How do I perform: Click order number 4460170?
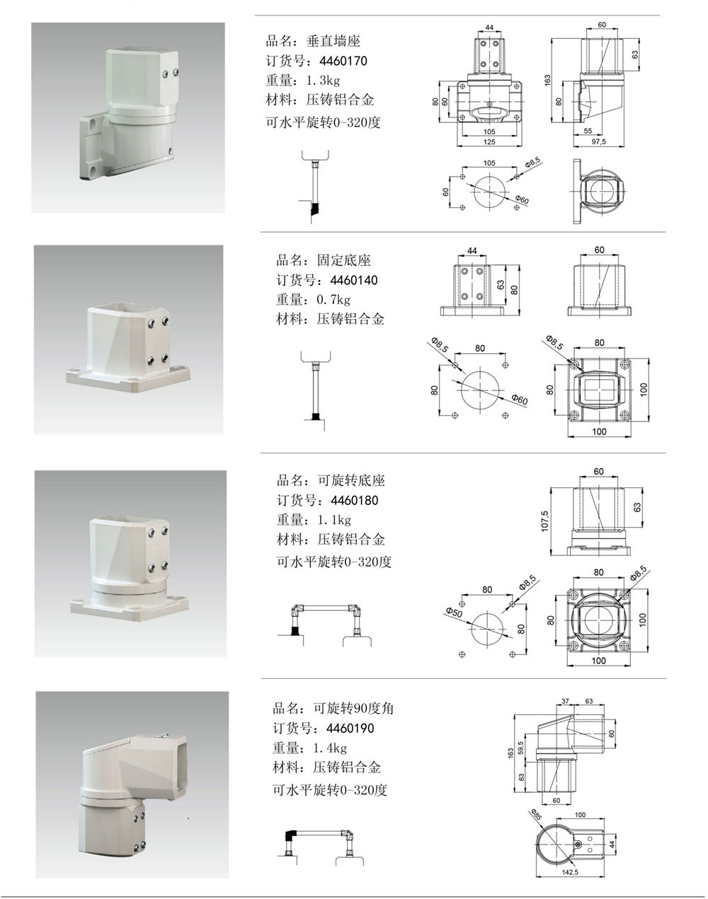click(343, 61)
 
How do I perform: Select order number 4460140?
click(354, 280)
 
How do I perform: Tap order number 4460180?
click(355, 500)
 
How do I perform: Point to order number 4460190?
click(350, 728)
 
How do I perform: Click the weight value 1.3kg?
click(323, 80)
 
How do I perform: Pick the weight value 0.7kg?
click(333, 299)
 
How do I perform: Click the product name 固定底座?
click(344, 260)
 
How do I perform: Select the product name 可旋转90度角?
click(353, 709)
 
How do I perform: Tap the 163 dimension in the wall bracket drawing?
click(547, 81)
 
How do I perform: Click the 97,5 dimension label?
click(598, 142)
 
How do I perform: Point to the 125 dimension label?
click(489, 142)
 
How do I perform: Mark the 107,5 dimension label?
click(544, 521)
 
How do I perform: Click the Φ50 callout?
click(454, 613)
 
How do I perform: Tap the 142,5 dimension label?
click(570, 872)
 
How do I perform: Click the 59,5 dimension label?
click(520, 748)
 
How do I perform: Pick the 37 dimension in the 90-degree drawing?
click(565, 701)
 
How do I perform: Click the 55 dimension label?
click(588, 131)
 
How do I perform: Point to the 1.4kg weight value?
click(330, 748)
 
